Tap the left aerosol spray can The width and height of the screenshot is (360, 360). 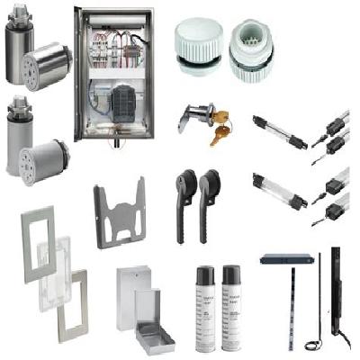click(x=205, y=310)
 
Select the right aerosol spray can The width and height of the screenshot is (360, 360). click(x=232, y=310)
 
